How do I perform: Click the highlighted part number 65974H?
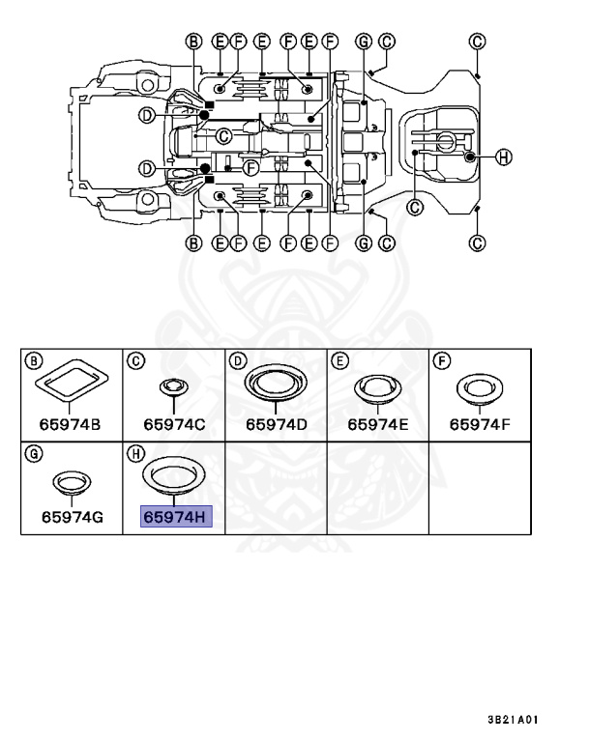tap(176, 517)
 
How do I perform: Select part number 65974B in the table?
tap(70, 424)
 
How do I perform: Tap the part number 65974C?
tap(174, 424)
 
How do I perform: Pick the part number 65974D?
tap(277, 424)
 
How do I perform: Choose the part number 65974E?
tap(377, 424)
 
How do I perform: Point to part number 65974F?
tap(480, 424)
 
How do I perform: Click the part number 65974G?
tap(72, 517)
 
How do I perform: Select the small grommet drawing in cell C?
tap(173, 387)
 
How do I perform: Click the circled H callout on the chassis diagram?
tap(503, 157)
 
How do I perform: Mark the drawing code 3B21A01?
tap(514, 719)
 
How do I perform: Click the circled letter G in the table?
tap(33, 454)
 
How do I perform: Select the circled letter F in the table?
tap(442, 361)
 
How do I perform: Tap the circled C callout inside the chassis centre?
tap(223, 137)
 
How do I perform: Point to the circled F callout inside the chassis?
tap(250, 167)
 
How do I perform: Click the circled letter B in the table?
tap(33, 361)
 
